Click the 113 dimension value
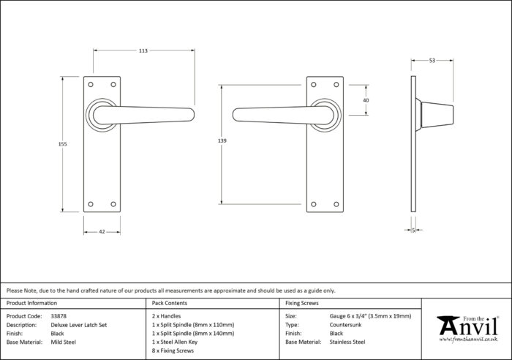point(143,50)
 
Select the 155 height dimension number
point(62,144)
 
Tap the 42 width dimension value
point(102,232)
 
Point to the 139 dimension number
point(222,140)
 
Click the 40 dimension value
point(366,100)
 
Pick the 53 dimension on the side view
point(432,61)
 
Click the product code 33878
point(59,316)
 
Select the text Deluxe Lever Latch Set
point(79,325)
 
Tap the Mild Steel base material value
point(64,342)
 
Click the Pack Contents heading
point(170,303)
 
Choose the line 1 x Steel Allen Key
point(175,342)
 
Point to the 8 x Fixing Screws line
point(173,350)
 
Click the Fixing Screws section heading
point(301,303)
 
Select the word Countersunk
point(345,325)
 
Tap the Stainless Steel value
point(347,342)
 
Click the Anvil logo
point(468,329)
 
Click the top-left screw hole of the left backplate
point(91,85)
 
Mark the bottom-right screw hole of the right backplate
point(336,204)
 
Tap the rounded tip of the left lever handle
point(192,115)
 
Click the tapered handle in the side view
point(437,115)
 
